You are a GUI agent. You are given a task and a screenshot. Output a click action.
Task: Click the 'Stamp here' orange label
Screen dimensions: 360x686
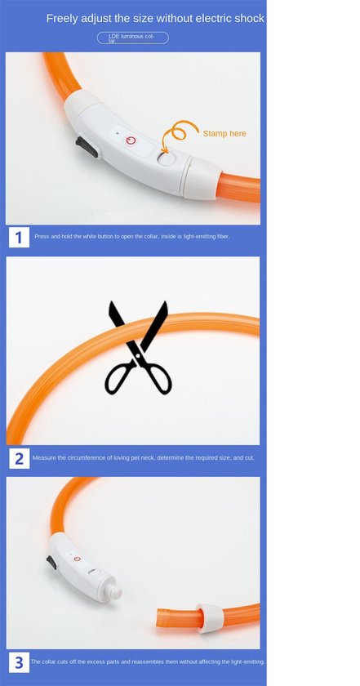[224, 133]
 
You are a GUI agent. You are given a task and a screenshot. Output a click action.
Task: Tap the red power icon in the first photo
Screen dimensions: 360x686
[131, 140]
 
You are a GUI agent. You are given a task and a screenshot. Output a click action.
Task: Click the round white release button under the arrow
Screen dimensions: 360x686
[166, 158]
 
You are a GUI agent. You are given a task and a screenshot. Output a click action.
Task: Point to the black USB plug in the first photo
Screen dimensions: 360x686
[87, 146]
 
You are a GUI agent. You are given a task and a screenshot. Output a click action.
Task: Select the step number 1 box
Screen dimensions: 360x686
[19, 237]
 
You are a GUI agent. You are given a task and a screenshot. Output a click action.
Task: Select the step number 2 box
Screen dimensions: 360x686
[19, 458]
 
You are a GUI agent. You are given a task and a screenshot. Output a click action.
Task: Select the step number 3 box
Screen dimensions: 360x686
[19, 662]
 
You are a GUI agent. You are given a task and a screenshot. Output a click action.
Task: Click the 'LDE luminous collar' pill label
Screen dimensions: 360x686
[132, 38]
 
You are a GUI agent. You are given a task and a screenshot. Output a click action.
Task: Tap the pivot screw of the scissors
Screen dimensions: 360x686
[138, 355]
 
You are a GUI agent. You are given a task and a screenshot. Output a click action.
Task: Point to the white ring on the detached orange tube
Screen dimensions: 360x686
[211, 617]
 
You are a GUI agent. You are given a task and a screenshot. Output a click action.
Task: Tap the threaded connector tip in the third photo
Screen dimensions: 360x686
[113, 591]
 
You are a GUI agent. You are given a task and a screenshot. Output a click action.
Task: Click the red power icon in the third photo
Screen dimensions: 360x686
[77, 559]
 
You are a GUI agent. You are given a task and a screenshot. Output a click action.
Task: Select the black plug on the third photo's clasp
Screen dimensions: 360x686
[51, 562]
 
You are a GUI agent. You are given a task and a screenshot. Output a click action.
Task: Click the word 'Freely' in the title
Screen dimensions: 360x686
[62, 18]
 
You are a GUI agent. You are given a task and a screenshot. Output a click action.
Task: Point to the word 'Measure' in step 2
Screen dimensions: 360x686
[43, 457]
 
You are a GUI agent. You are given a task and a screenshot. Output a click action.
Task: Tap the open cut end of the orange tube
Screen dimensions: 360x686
[161, 619]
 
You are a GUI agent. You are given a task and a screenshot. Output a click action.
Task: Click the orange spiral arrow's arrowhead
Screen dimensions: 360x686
[163, 150]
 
